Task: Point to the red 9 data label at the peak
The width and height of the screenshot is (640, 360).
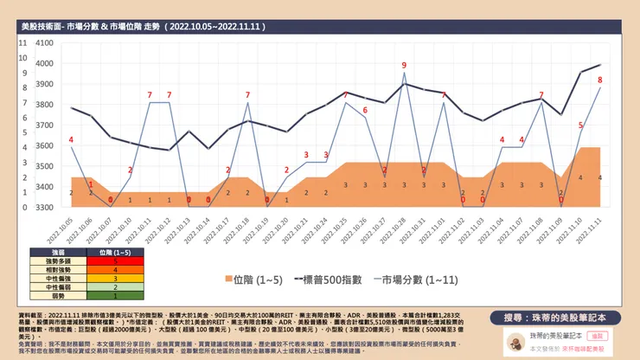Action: coord(404,66)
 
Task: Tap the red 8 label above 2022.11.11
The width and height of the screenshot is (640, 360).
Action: coord(600,80)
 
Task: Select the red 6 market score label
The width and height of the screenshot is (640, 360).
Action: coord(365,111)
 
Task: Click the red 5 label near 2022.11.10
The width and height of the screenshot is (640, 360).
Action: coord(580,125)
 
